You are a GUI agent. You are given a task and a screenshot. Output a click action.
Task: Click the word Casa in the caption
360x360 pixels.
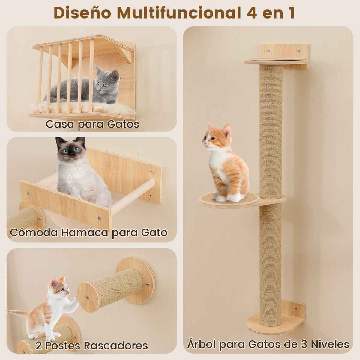pos(60,124)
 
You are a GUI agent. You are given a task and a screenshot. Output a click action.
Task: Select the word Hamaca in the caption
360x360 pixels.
pos(85,232)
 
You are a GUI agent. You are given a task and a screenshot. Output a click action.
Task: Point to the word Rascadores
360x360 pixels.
pos(116,345)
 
